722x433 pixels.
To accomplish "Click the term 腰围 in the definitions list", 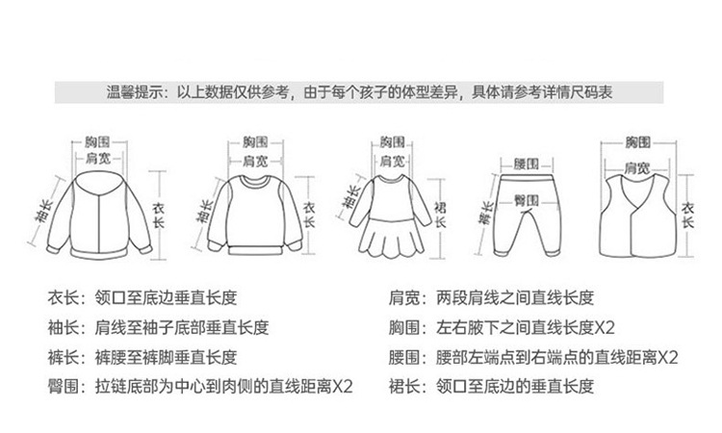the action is click(x=405, y=358).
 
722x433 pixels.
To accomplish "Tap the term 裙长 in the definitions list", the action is click(x=405, y=388).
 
